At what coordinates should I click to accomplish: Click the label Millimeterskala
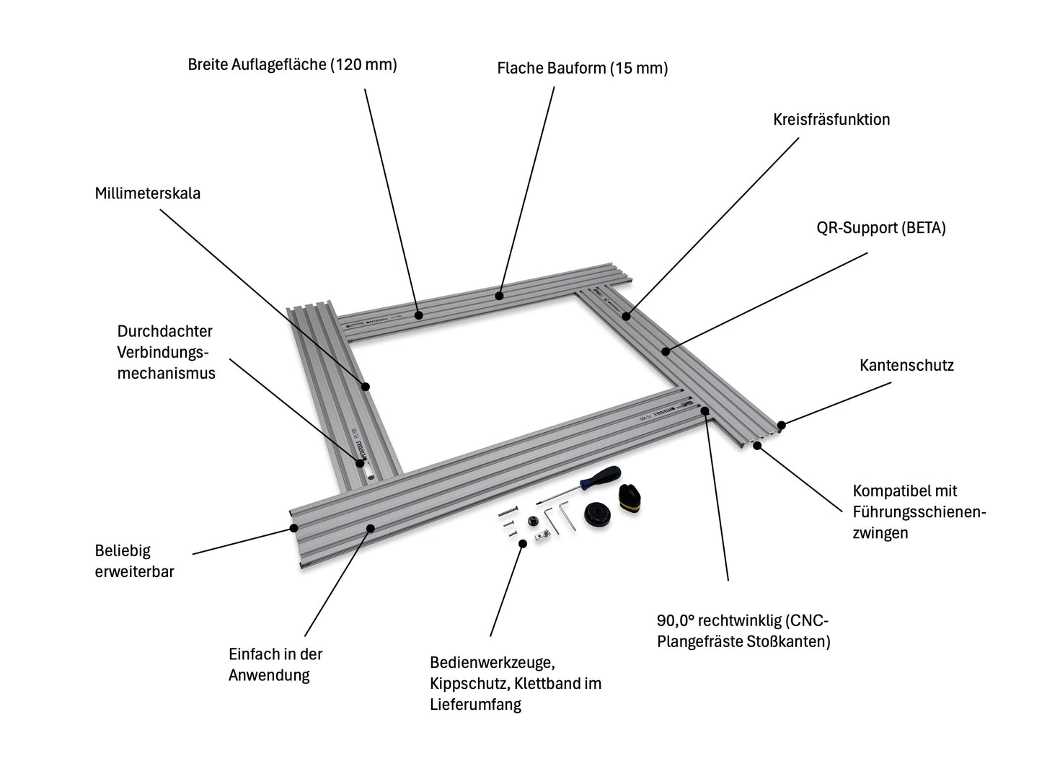(148, 193)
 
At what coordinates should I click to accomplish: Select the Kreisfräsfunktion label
(831, 120)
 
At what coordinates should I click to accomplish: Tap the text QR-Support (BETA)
(880, 228)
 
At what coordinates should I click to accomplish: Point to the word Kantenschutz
(906, 365)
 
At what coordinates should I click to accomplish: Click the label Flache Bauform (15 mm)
(582, 69)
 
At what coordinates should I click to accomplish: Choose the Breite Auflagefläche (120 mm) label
(292, 64)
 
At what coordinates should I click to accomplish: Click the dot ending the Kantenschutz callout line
(782, 425)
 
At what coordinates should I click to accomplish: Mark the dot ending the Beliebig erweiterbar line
(294, 527)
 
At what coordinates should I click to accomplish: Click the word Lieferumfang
(475, 704)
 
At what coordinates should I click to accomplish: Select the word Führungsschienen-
(919, 512)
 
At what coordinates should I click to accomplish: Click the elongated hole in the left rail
(368, 475)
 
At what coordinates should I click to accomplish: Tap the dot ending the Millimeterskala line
(366, 387)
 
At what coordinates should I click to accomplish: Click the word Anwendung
(269, 675)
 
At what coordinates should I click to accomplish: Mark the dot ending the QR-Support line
(665, 351)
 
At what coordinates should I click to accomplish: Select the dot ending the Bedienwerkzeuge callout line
(521, 542)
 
